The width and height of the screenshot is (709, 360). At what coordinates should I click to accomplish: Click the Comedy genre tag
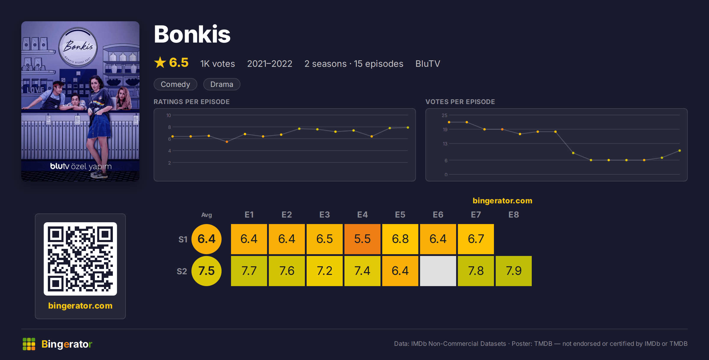175,84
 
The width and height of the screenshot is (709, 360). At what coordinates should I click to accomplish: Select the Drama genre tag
222,84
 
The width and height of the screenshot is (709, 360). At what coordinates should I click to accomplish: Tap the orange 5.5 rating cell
362,239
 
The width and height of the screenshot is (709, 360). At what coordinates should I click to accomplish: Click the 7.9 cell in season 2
513,271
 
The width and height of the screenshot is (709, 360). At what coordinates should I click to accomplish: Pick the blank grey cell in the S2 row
438,271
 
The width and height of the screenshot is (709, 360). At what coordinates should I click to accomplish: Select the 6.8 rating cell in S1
400,239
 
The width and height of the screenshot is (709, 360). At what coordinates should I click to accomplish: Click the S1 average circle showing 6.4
206,239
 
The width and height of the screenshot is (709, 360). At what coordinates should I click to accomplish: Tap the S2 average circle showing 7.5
206,271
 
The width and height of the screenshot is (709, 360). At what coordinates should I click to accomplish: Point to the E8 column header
513,215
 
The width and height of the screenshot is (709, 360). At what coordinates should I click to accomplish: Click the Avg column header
206,215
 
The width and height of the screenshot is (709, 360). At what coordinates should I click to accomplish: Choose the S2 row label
182,271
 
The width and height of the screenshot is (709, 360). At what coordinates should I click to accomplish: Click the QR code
80,259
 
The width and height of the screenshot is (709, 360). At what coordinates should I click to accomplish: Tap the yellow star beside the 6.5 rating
160,62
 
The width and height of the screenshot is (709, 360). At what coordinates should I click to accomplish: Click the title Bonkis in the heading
192,34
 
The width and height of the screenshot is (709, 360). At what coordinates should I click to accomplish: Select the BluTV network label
427,64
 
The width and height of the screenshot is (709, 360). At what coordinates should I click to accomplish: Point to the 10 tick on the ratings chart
168,115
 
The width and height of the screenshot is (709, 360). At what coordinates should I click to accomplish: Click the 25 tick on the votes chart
444,115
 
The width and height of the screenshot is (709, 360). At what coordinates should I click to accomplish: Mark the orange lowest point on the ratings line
227,142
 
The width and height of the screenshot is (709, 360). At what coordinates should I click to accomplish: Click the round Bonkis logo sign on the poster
78,47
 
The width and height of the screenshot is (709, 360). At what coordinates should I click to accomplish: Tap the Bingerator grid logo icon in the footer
29,344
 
